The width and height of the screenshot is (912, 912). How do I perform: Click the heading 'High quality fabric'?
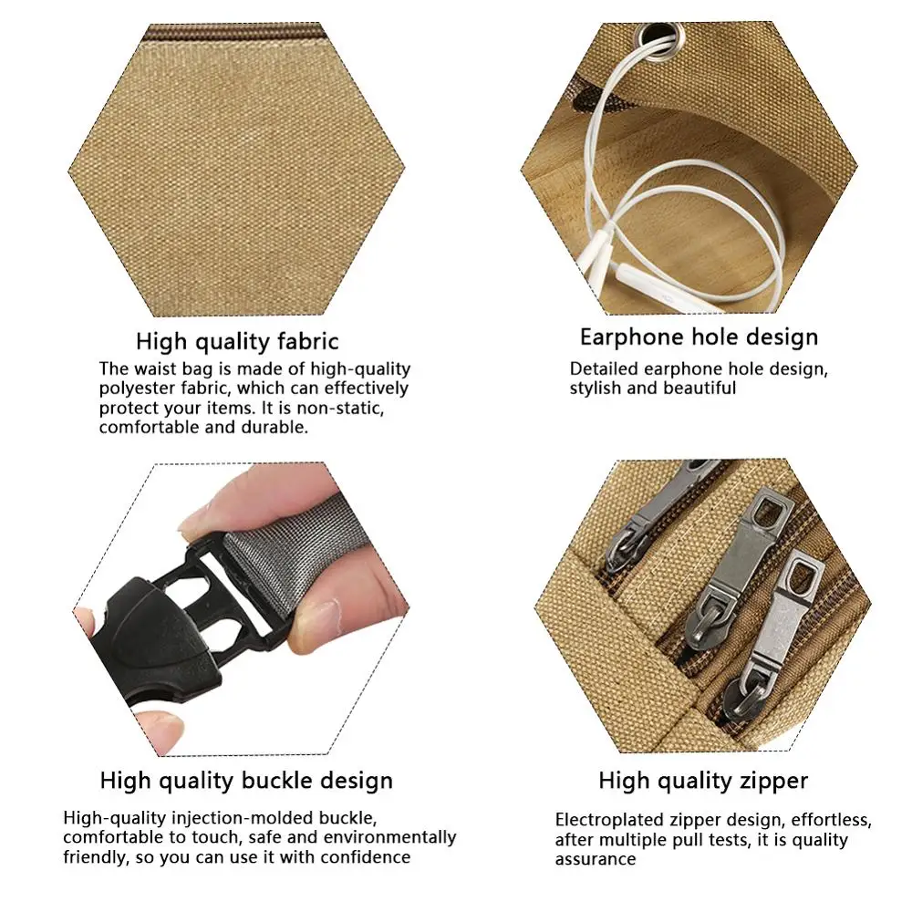[237, 341]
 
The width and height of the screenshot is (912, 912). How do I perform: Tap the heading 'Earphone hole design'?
[700, 337]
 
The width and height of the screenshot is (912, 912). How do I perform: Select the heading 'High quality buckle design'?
[246, 781]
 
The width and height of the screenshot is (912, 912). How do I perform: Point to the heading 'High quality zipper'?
[703, 781]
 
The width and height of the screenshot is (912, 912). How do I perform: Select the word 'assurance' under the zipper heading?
[596, 860]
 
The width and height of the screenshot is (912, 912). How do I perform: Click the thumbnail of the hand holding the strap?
[240, 609]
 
